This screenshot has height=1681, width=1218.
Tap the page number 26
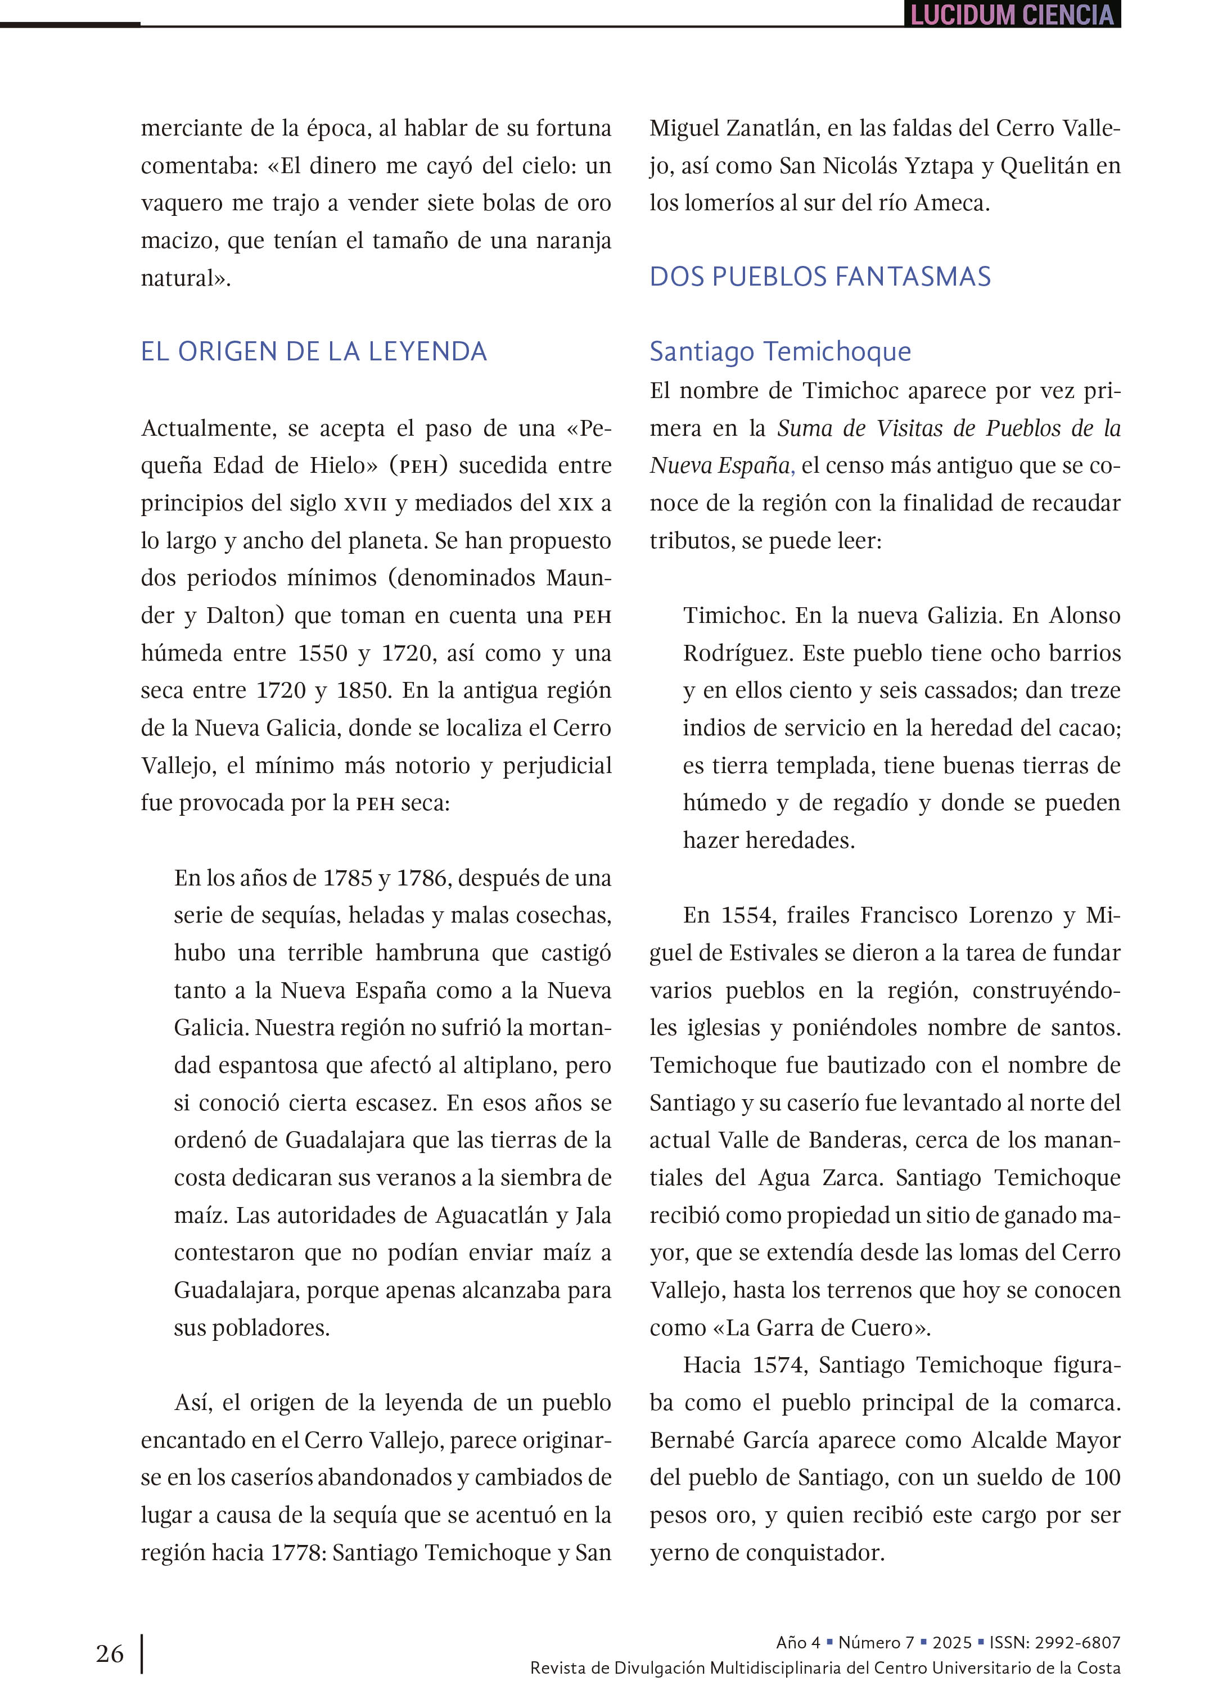(110, 1653)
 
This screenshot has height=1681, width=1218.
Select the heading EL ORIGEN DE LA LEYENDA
(314, 351)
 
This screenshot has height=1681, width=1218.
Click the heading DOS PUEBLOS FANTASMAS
(820, 277)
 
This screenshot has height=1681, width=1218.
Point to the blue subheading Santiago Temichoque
(780, 351)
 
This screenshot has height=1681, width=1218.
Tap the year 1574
(779, 1364)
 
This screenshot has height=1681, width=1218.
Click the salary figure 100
(1101, 1477)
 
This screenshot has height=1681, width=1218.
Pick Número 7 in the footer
(876, 1642)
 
